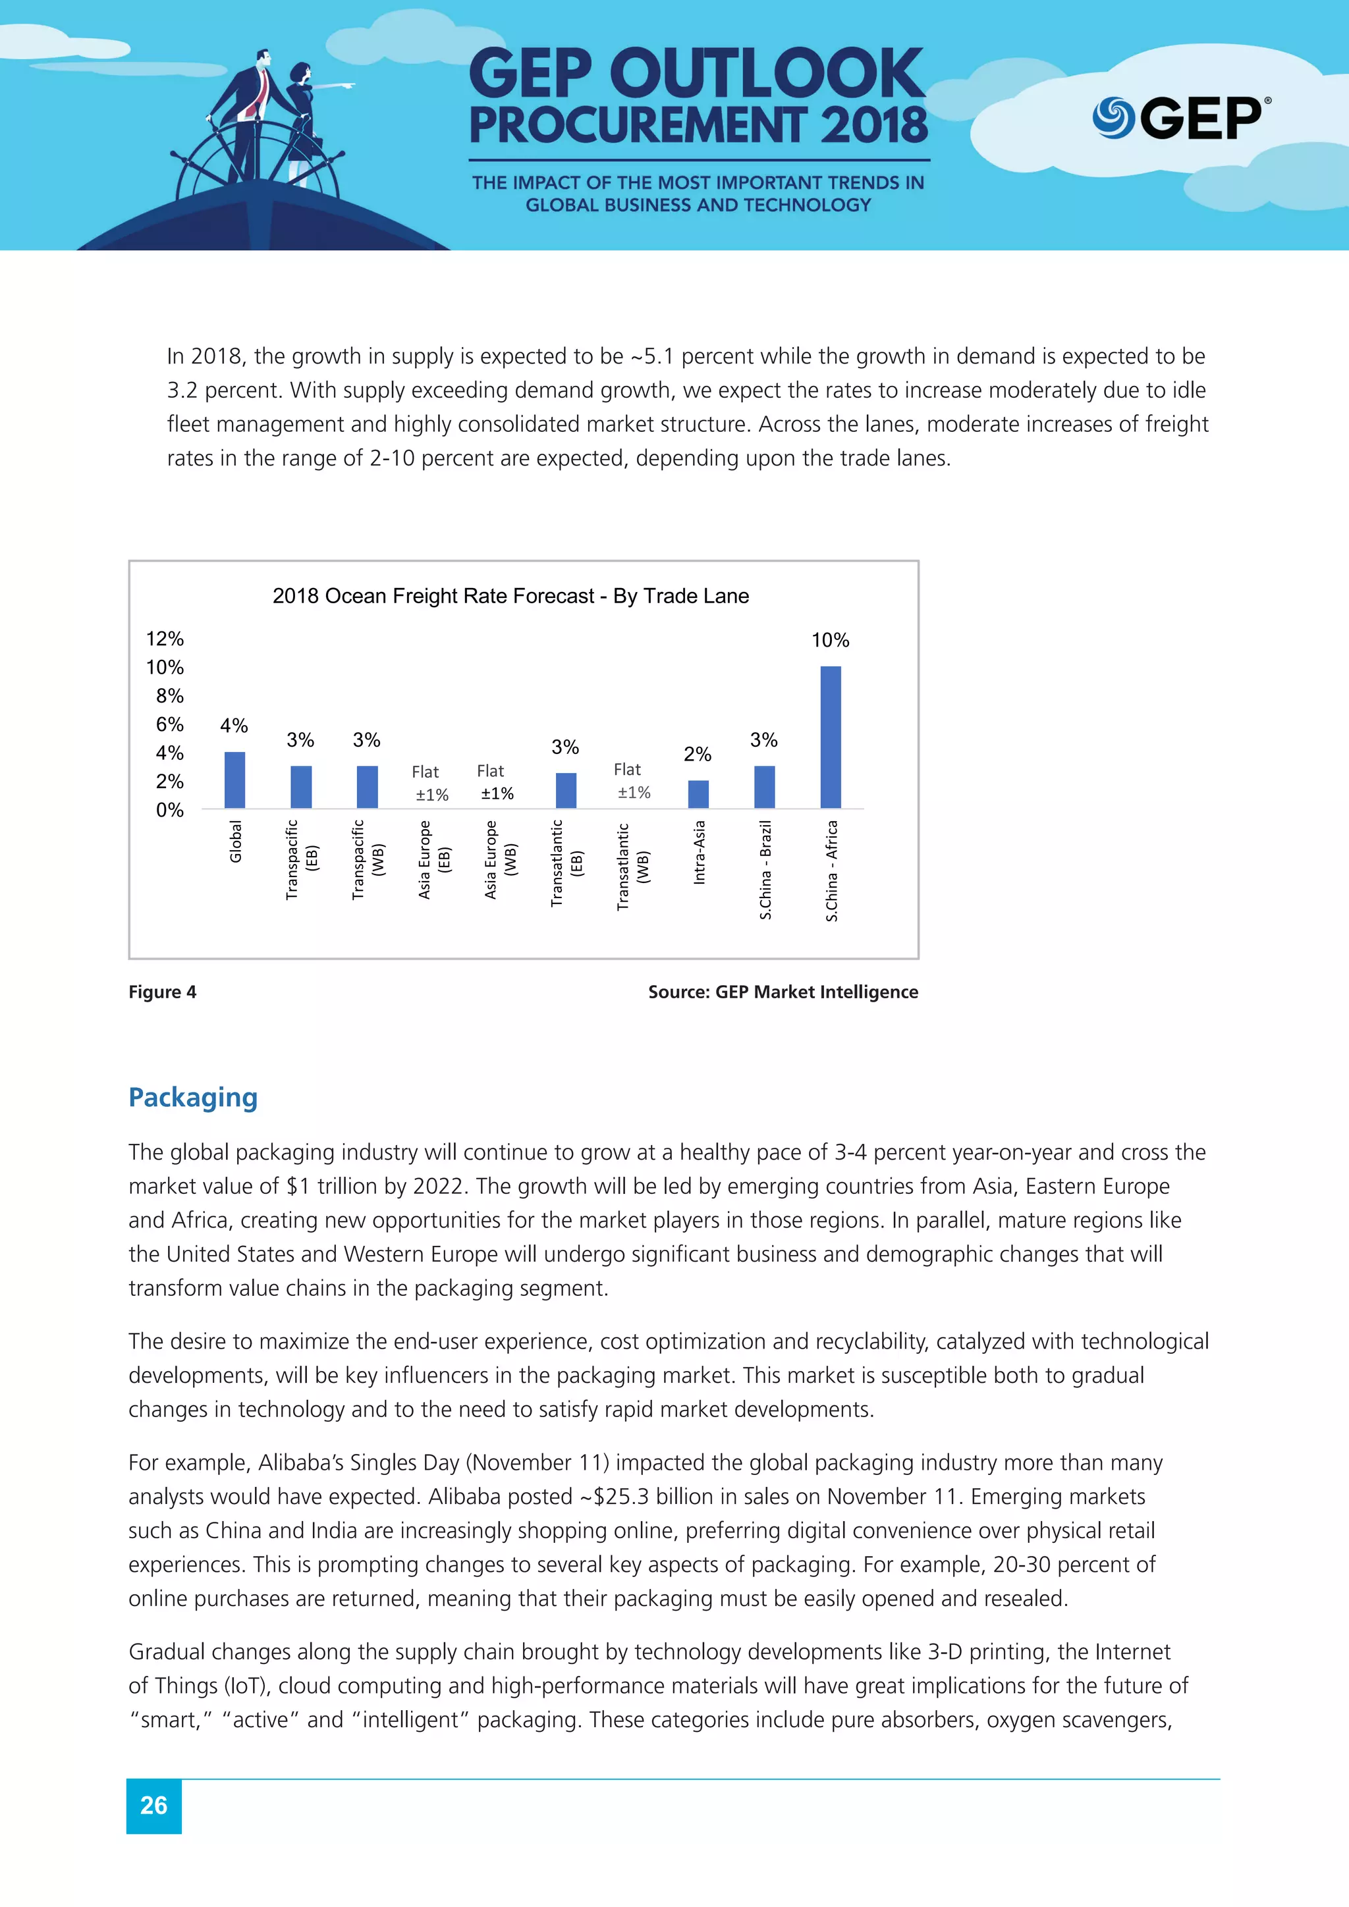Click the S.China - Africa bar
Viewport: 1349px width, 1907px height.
pyautogui.click(x=830, y=737)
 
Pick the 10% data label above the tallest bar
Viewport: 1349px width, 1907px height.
pyautogui.click(x=830, y=640)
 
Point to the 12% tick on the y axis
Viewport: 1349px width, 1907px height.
pyautogui.click(x=165, y=639)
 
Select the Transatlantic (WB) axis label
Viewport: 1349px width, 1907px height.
pyautogui.click(x=632, y=867)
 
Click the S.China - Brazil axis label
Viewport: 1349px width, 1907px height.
pyautogui.click(x=765, y=870)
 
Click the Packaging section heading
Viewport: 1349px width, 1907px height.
pyautogui.click(x=193, y=1097)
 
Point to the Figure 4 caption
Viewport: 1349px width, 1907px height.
pyautogui.click(x=162, y=992)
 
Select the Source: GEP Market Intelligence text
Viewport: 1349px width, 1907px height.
pyautogui.click(x=783, y=992)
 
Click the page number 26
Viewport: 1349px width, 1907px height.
pyautogui.click(x=153, y=1805)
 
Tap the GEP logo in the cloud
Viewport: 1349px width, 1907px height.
pyautogui.click(x=1180, y=118)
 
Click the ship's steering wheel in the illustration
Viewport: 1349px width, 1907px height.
pyautogui.click(x=258, y=166)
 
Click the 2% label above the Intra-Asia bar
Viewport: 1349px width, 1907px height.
pyautogui.click(x=697, y=754)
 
